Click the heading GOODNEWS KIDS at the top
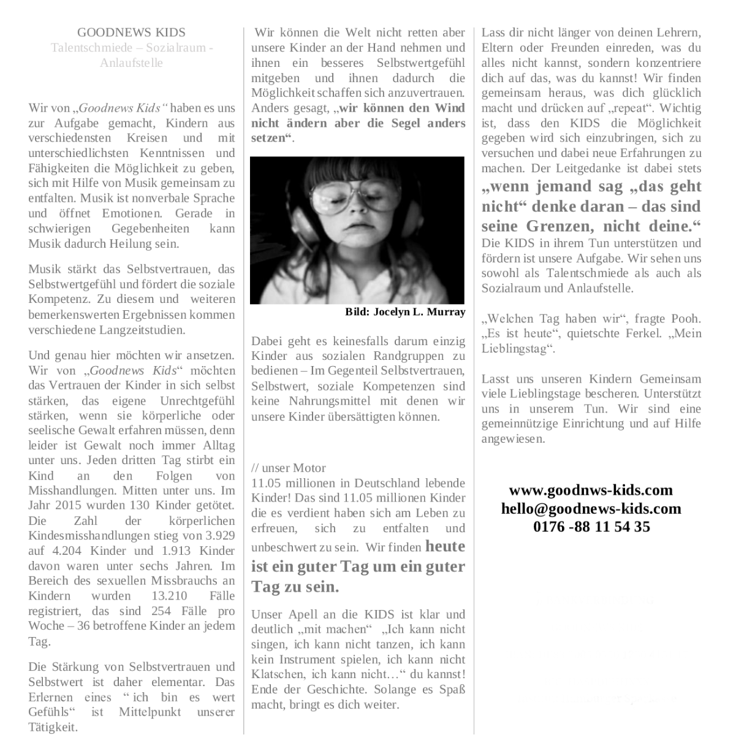click(131, 32)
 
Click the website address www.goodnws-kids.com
click(591, 490)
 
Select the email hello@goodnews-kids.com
click(591, 508)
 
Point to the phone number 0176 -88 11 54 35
click(591, 527)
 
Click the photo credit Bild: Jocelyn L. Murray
click(405, 312)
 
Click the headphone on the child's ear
click(303, 227)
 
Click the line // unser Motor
click(289, 468)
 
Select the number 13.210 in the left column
click(169, 596)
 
